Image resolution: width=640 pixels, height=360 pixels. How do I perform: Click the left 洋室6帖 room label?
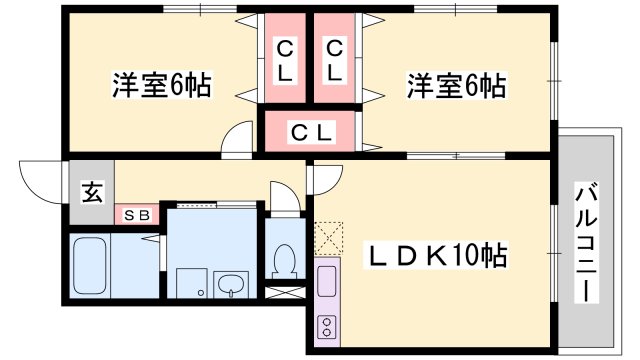coord(160,86)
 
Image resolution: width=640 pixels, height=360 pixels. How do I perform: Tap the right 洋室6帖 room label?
coord(456,86)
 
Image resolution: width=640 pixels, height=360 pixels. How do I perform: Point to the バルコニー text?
coord(584,243)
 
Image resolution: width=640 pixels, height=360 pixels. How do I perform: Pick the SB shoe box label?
coord(138,215)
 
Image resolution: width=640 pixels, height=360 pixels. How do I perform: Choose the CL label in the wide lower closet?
coord(310,131)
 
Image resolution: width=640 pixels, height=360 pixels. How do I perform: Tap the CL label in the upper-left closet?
coord(285,61)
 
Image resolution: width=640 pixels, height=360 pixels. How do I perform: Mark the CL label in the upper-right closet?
coord(334,61)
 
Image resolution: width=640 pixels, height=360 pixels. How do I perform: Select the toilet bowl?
coord(284,262)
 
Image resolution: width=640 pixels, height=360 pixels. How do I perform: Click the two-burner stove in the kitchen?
coord(327,325)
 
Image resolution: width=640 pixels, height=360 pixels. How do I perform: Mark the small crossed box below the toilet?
coord(284,297)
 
